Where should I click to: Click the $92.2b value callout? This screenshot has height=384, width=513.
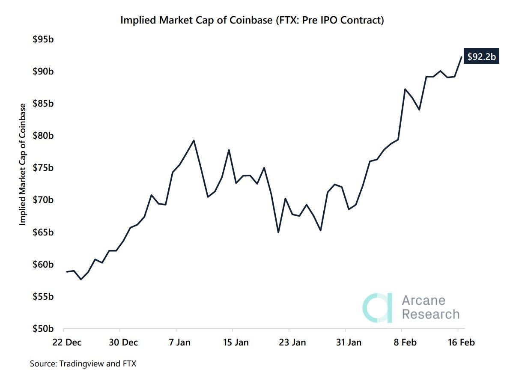click(x=482, y=57)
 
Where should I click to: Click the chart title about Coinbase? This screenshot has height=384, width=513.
click(x=252, y=20)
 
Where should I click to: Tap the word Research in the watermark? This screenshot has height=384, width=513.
click(x=430, y=314)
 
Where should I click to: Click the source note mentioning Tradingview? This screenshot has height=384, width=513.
click(x=83, y=363)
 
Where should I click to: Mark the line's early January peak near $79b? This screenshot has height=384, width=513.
click(x=194, y=140)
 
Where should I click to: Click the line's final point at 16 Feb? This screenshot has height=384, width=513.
click(x=461, y=57)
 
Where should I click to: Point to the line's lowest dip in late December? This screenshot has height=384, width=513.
click(x=81, y=279)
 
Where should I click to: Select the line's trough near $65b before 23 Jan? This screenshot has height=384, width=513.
click(x=278, y=232)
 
